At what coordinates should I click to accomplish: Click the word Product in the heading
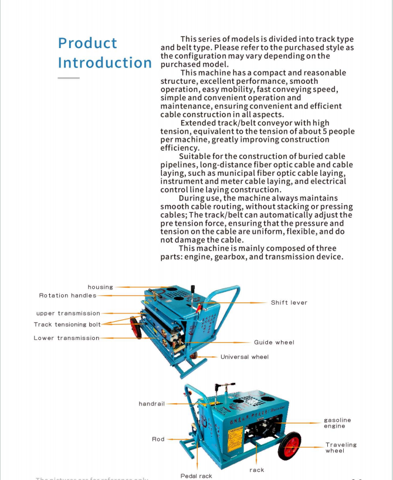pyautogui.click(x=87, y=43)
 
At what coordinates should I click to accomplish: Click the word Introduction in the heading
pyautogui.click(x=104, y=63)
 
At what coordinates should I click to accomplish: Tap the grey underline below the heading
pyautogui.click(x=68, y=78)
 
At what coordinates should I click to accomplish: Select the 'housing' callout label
pyautogui.click(x=100, y=287)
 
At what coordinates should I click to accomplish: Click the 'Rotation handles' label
pyautogui.click(x=67, y=295)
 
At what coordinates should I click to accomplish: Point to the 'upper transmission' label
pyautogui.click(x=68, y=314)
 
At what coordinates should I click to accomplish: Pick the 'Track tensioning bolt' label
pyautogui.click(x=67, y=325)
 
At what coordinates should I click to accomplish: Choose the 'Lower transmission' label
pyautogui.click(x=66, y=338)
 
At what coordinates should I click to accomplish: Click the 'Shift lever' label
pyautogui.click(x=289, y=302)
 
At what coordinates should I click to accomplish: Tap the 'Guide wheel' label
pyautogui.click(x=274, y=342)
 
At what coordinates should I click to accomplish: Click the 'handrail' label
pyautogui.click(x=152, y=404)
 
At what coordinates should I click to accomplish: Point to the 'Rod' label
pyautogui.click(x=158, y=439)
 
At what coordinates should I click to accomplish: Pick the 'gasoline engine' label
pyautogui.click(x=337, y=423)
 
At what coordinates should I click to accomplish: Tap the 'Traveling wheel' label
pyautogui.click(x=341, y=448)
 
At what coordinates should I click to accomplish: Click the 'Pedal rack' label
pyautogui.click(x=196, y=476)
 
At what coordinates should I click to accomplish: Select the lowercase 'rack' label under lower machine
pyautogui.click(x=256, y=470)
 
